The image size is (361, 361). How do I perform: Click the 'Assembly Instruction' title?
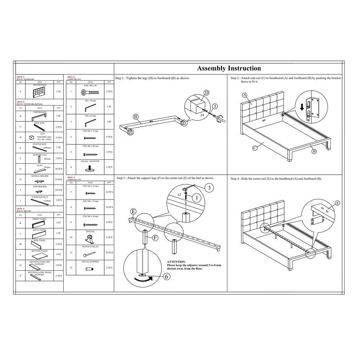pyautogui.click(x=229, y=69)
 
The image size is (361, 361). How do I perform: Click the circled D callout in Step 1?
pyautogui.click(x=206, y=93)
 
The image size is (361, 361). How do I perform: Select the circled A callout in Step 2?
pyautogui.click(x=245, y=96)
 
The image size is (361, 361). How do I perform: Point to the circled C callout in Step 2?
pyautogui.click(x=255, y=148)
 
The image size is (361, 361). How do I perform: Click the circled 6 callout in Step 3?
pyautogui.click(x=167, y=278)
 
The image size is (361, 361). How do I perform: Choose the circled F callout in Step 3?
pyautogui.click(x=155, y=237)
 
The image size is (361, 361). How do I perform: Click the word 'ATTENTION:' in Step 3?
pyautogui.click(x=176, y=262)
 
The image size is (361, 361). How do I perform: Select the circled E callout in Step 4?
pyautogui.click(x=337, y=204)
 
